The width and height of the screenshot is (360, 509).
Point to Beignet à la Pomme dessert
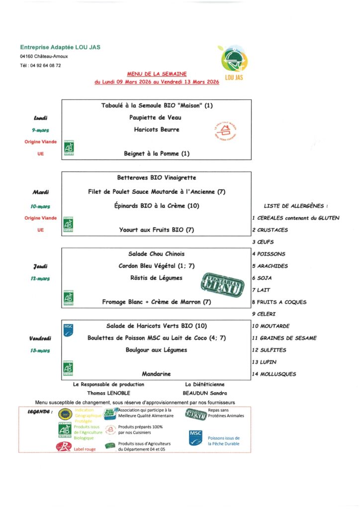pos(156,154)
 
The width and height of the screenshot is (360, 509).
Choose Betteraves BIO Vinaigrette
pos(156,177)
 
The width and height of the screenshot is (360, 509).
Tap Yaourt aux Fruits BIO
pos(156,230)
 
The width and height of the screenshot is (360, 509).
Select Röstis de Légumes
pos(156,278)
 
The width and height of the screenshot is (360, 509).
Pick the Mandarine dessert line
pos(156,374)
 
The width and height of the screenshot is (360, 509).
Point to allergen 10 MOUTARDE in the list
pos(271,326)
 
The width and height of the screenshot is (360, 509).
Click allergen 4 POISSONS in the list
pos(269,254)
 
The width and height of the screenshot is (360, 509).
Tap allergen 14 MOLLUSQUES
pos(274,374)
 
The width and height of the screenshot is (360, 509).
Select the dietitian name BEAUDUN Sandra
pos(205,393)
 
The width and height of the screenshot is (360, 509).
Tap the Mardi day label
pos(40,192)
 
